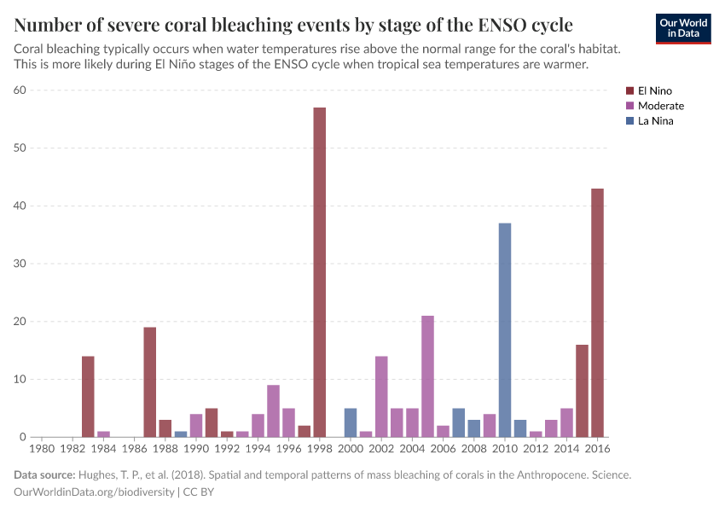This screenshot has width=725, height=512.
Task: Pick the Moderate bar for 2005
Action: pos(427,376)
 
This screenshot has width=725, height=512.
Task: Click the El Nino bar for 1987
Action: pos(149,382)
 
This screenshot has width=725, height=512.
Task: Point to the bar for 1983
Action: pos(88,397)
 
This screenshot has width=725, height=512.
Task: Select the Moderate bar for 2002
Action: pos(381,397)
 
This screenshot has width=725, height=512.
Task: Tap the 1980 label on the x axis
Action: pos(42,448)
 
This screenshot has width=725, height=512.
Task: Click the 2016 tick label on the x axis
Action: pos(597,448)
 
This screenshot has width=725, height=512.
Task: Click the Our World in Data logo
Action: pos(682,28)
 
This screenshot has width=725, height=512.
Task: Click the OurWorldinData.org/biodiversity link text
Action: pos(95,492)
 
